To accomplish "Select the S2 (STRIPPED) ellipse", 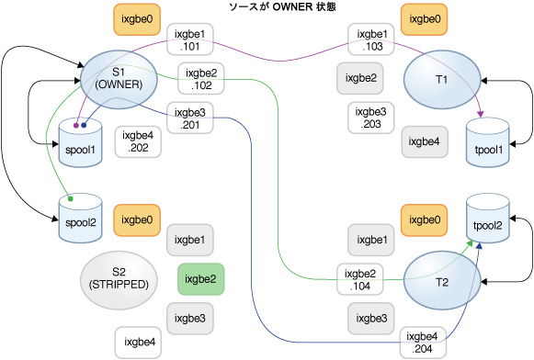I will click(118, 276).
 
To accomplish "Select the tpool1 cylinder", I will click(486, 143).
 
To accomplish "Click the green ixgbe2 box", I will click(200, 277).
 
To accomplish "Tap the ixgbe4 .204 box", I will click(424, 341).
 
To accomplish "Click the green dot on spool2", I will click(70, 197).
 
